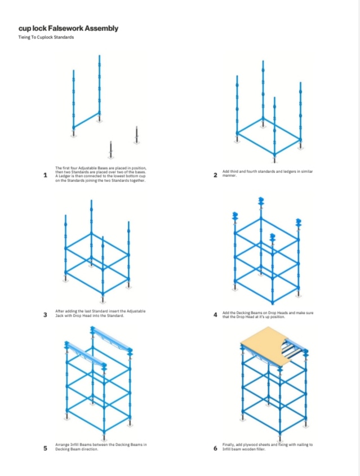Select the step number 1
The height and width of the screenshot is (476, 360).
point(45,175)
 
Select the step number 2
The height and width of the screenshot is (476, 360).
point(215,175)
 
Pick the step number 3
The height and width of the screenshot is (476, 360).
point(45,315)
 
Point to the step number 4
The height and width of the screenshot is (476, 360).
point(215,315)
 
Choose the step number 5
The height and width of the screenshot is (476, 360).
point(45,448)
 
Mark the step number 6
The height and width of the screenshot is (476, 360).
point(215,448)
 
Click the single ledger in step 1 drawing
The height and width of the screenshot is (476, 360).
point(86,120)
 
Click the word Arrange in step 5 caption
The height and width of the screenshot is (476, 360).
point(62,444)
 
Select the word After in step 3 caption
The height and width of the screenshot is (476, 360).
point(60,311)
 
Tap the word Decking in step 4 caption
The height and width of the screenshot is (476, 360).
point(243,313)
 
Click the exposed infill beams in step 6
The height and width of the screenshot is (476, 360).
point(291,349)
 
